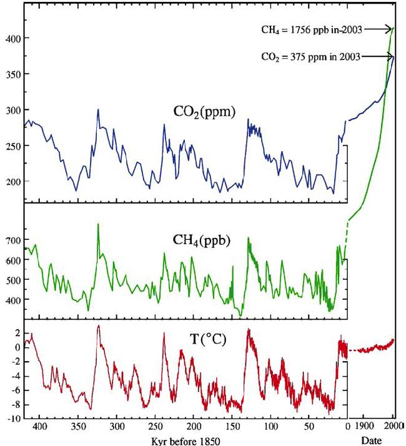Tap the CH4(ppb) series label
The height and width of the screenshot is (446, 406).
tap(201, 239)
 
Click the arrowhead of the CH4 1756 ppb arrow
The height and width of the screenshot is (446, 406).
tap(391, 28)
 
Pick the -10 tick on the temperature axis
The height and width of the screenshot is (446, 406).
tap(12, 419)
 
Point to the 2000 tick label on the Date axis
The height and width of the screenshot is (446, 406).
tap(393, 427)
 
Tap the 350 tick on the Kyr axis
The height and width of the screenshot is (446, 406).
tap(78, 427)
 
